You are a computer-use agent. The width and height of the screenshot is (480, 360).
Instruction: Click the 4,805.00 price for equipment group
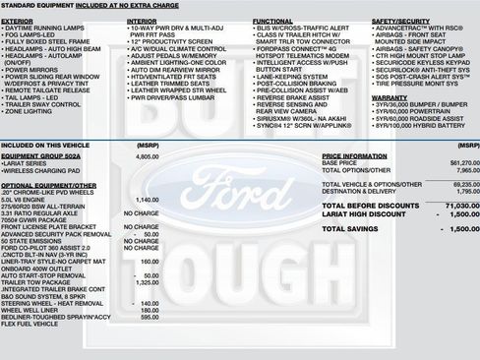146,155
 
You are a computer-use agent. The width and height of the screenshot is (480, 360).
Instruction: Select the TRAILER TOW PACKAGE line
35,281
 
